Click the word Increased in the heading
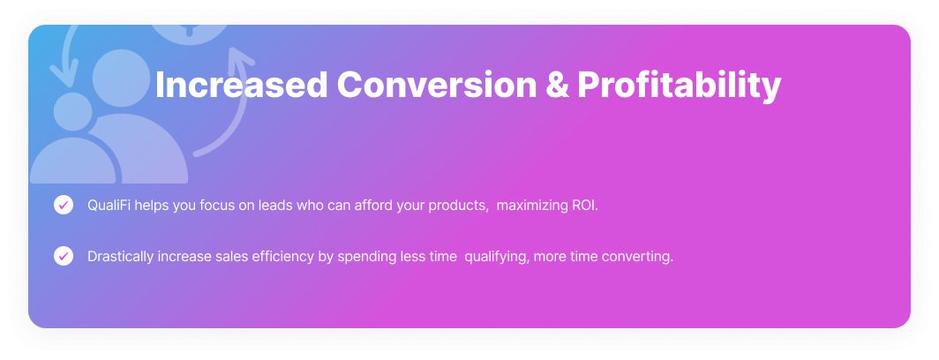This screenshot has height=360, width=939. pos(241,85)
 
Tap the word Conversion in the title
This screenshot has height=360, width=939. pos(437,85)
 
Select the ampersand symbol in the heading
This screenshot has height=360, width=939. pos(558,85)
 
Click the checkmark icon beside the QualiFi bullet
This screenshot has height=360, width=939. pos(64,205)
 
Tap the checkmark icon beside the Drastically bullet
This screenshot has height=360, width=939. pos(64,257)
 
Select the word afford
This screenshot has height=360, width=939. pos(373,205)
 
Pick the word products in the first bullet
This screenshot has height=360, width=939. pos(458,206)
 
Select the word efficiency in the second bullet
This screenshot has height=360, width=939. pos(282,257)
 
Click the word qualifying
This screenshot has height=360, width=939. pos(497,257)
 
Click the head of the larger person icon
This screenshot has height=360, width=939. pos(121,78)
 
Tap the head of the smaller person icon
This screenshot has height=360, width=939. pos(73,111)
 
